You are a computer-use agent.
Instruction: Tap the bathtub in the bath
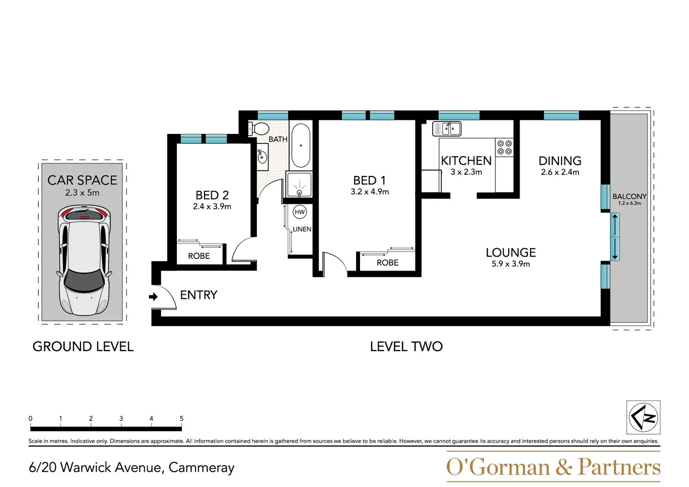pos(301,145)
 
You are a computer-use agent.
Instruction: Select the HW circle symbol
pos(300,212)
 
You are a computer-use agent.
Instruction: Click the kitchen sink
pos(447,129)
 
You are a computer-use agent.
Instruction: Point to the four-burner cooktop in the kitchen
pos(504,147)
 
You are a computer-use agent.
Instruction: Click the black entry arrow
pos(153,297)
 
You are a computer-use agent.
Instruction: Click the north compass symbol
pos(643,417)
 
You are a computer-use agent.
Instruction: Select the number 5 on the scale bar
pos(181,418)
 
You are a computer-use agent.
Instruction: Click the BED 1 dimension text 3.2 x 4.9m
pos(370,192)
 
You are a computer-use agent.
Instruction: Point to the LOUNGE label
pos(510,253)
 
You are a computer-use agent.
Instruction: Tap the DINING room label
pos(560,161)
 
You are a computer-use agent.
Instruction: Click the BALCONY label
pos(629,196)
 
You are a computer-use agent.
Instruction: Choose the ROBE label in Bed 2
pos(199,256)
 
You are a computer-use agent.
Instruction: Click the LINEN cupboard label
pos(302,229)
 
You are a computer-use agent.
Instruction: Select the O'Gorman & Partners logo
pos(553,467)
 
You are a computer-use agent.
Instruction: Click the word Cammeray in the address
pos(201,468)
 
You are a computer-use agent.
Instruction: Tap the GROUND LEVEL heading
pos(83,346)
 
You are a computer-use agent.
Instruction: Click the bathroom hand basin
pos(262,157)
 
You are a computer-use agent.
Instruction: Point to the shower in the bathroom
pos(299,184)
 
